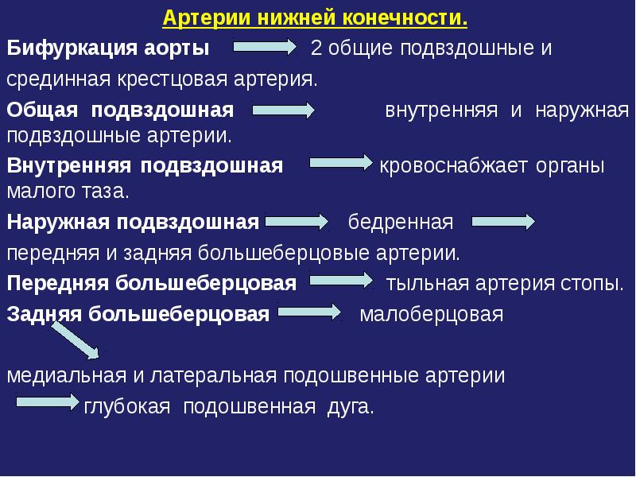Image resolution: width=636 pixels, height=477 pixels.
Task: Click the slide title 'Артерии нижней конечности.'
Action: (316, 17)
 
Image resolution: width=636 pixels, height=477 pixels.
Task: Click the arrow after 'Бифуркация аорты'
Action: (264, 48)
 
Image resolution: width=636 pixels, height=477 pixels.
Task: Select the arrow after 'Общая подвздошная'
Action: (283, 111)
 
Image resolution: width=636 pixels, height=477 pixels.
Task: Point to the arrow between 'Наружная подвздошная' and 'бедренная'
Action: (296, 223)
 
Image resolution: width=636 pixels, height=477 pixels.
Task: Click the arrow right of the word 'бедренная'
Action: (503, 223)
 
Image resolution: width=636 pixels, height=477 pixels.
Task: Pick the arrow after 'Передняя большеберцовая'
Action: (340, 281)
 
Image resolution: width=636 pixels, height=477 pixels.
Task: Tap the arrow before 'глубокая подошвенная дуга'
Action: (48, 403)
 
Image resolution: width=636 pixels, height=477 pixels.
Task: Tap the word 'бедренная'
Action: (401, 223)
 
